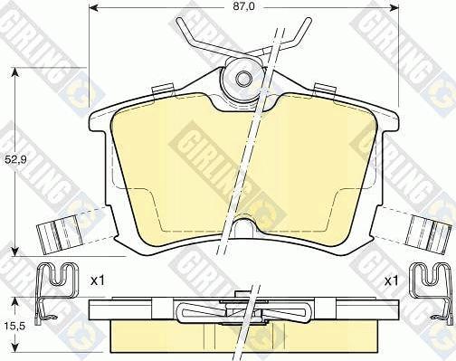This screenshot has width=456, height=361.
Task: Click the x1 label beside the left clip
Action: (x=98, y=281)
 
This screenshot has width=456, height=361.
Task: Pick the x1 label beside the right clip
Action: (x=391, y=281)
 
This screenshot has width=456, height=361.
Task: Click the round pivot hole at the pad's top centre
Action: (x=243, y=78)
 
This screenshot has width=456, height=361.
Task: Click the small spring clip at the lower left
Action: (x=55, y=290)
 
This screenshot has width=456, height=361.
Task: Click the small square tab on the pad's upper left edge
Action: (x=163, y=89)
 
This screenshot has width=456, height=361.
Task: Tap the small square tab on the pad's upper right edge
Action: (x=322, y=89)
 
